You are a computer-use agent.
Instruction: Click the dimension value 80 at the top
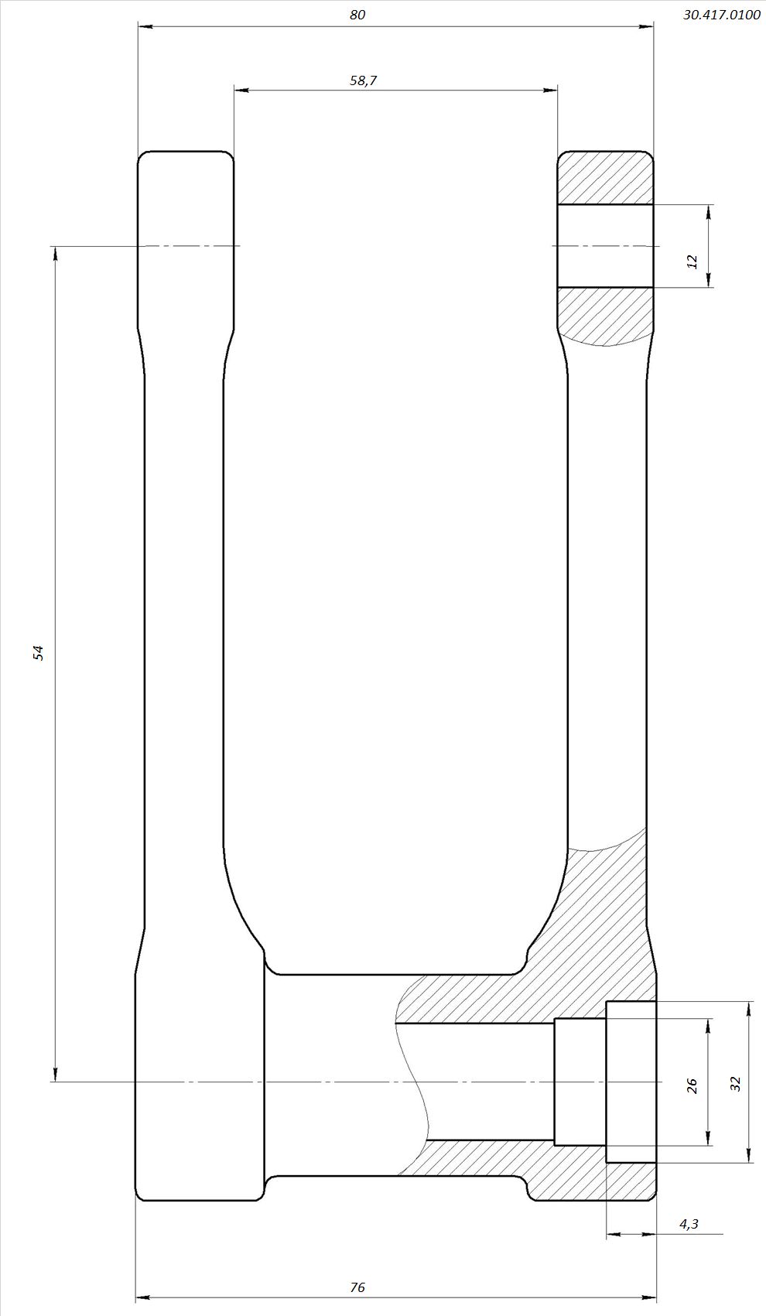click(x=357, y=15)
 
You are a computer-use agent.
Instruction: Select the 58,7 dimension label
click(x=363, y=80)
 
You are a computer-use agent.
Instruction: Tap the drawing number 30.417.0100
click(x=721, y=15)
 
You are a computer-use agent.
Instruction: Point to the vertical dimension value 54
click(x=39, y=653)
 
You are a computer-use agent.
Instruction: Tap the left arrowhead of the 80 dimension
click(x=145, y=26)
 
